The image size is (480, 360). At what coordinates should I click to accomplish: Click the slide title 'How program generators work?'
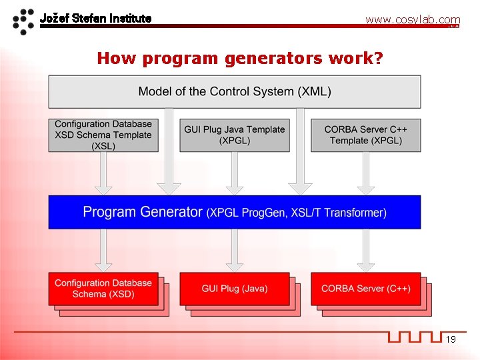tap(240, 58)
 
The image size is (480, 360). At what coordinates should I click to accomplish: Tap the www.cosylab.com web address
tap(412, 20)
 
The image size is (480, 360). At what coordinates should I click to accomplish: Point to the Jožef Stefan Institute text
tap(95, 18)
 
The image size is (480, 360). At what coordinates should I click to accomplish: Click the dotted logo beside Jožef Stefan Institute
tap(24, 21)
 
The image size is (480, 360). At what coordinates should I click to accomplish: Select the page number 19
tap(451, 340)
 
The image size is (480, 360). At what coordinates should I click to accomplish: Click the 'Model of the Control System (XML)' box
tap(234, 91)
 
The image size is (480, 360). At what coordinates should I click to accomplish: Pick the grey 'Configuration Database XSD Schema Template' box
tap(103, 135)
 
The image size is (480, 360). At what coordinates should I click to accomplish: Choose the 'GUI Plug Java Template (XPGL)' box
tap(235, 135)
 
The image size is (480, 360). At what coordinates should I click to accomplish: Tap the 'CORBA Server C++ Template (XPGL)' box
tap(365, 135)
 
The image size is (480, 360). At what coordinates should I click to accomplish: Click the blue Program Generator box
tap(234, 212)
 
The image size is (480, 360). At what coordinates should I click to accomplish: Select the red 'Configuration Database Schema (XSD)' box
tap(103, 289)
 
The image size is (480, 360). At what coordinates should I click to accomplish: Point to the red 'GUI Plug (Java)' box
tap(235, 289)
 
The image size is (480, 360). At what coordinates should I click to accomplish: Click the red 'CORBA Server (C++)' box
tap(365, 289)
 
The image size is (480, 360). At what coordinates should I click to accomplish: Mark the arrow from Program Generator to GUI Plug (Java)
tap(235, 250)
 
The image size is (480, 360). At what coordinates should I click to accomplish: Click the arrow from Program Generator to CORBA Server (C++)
tap(365, 250)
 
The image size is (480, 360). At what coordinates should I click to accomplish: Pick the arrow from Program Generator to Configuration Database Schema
tap(103, 250)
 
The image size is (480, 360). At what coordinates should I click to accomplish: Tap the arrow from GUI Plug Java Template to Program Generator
tap(235, 173)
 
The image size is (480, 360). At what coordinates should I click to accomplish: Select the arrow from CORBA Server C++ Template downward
tap(365, 173)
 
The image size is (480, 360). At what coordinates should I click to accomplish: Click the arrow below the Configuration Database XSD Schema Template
tap(103, 173)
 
